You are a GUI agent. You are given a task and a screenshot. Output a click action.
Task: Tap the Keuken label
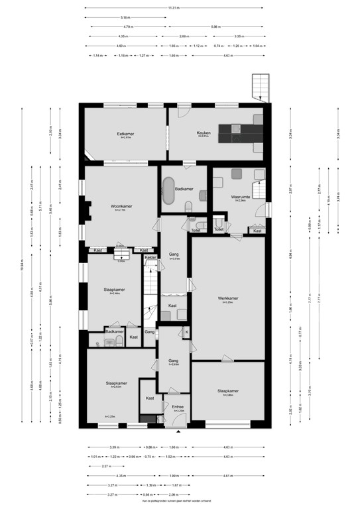pyautogui.click(x=203, y=134)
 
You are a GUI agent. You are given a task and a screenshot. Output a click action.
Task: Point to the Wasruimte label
pyautogui.click(x=239, y=198)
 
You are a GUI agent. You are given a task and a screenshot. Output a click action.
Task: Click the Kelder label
pyautogui.click(x=150, y=256)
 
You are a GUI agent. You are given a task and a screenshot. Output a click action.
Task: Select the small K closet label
pyautogui.click(x=186, y=331)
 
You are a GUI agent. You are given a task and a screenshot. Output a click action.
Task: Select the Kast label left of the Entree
pyautogui.click(x=150, y=398)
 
